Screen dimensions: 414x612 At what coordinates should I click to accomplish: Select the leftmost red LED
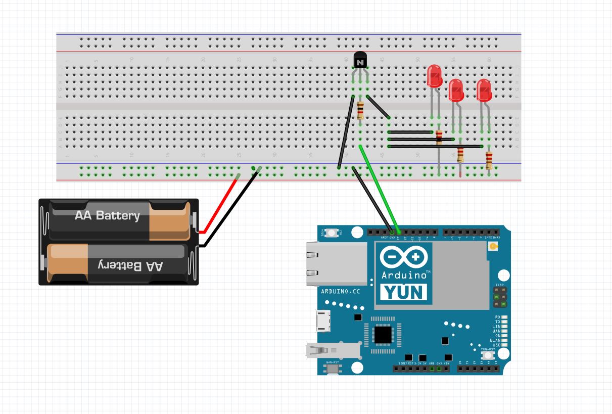(434, 76)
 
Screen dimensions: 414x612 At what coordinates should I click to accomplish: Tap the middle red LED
(456, 90)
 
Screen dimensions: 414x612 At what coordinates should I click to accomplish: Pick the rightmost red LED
(484, 90)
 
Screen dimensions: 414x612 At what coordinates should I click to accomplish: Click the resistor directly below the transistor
(360, 110)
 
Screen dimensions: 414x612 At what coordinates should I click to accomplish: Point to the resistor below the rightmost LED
(489, 160)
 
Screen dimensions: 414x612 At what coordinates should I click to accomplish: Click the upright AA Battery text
(107, 216)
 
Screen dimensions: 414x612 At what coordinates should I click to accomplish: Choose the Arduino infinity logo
(403, 258)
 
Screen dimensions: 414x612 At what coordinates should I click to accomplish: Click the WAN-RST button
(332, 369)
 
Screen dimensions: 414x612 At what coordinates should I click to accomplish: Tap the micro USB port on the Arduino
(322, 321)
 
